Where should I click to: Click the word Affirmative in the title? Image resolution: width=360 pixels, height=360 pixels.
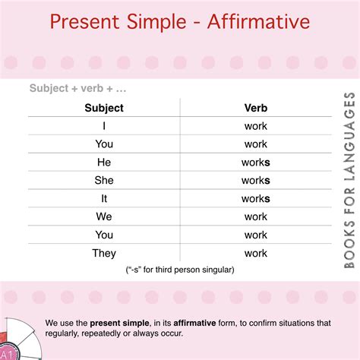pos(258,21)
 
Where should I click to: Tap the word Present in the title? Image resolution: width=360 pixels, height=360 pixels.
pos(84,22)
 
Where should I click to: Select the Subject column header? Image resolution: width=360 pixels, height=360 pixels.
pos(104,108)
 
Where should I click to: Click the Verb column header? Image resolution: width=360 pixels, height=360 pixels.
pos(256,108)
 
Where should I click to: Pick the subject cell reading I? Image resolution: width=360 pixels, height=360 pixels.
pos(104,126)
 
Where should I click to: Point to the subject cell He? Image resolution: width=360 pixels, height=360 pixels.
pos(104,162)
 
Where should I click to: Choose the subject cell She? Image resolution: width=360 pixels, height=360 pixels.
pos(104,180)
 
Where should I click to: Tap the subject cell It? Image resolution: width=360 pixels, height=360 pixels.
pos(104,198)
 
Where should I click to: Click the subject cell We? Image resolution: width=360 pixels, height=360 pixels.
pos(104,216)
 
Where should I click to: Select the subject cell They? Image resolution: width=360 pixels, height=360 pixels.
pos(104,253)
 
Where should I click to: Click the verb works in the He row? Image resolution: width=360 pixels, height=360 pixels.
pos(256,163)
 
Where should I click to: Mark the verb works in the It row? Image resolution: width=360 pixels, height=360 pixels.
pos(256,199)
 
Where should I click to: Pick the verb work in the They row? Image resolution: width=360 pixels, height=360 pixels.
pos(256,253)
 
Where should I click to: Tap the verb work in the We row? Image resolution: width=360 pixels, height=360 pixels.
pos(256,216)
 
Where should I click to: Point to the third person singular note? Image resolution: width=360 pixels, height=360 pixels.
pos(180,270)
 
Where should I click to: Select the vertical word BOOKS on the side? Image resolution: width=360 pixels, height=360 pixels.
pos(349,245)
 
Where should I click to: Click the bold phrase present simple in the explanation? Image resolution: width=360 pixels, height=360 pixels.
pos(119,323)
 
